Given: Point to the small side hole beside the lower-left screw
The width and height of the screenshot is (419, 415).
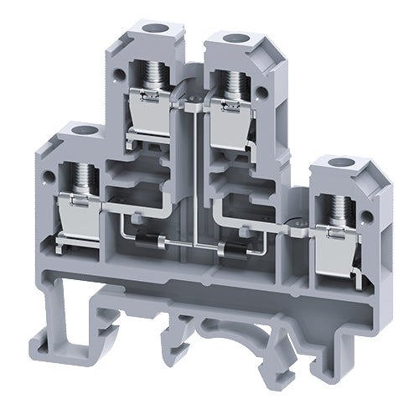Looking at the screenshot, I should [53, 171].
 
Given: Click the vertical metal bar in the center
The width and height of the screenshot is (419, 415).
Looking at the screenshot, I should [194, 176].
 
